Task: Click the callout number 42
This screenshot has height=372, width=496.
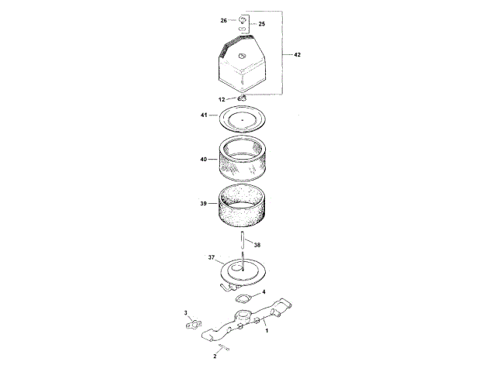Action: tap(297, 55)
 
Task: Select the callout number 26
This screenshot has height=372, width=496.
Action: tap(224, 21)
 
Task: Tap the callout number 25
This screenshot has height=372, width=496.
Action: tap(262, 24)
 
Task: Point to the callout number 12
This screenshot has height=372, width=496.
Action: tap(222, 100)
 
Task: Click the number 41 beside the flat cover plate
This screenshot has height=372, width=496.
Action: tap(204, 115)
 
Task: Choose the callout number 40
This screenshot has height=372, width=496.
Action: tap(203, 160)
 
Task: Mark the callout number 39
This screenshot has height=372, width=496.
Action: tap(203, 203)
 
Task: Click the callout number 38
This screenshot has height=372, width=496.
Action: tap(257, 245)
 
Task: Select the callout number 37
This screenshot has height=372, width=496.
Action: tap(212, 257)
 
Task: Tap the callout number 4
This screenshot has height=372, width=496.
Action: tap(263, 291)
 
